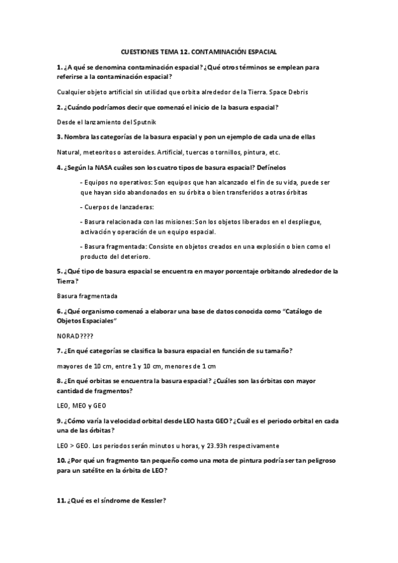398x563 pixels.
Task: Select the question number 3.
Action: [x=59, y=136]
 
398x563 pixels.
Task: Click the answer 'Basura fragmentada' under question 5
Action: [x=84, y=295]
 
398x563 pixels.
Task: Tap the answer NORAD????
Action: [x=76, y=336]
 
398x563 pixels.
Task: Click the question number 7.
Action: [x=59, y=350]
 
